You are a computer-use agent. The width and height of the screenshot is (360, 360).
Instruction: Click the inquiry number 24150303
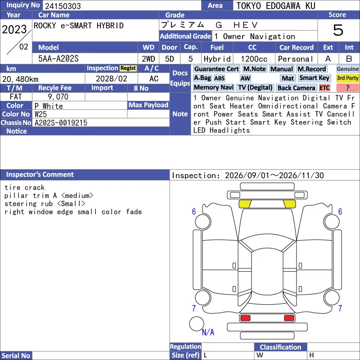coord(63,6)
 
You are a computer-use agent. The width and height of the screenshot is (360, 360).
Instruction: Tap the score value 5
coord(338,30)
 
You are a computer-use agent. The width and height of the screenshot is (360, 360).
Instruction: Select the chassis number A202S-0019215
coord(61,123)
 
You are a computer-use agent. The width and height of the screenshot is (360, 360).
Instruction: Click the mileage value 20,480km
coord(20,79)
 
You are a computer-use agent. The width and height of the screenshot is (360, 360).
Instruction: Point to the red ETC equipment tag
coord(324,88)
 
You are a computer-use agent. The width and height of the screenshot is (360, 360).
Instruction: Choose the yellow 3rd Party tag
coord(347,78)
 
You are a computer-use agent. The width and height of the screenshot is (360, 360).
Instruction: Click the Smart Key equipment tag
coord(314,78)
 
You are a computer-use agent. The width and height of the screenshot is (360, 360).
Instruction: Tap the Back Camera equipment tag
coord(297,88)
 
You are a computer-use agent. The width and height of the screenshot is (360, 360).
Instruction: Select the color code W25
coord(40,114)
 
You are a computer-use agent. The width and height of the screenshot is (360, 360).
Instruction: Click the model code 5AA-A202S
coord(58,59)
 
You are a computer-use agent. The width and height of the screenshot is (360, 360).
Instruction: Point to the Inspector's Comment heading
coord(40,175)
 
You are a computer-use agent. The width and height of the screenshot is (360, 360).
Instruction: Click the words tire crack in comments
coord(25,188)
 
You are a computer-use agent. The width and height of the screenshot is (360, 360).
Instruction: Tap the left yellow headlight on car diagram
coord(245,204)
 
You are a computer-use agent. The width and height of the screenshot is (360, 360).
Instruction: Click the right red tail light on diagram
coord(289,318)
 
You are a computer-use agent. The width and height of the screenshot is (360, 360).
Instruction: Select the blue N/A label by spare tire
coord(208,332)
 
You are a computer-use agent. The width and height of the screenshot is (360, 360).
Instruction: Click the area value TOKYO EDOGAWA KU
coord(276,6)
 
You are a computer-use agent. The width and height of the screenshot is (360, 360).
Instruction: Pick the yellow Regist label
coord(128,68)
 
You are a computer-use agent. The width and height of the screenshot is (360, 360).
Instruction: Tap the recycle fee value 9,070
coord(58,97)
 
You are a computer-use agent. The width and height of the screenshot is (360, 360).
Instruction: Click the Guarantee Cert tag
coord(216,69)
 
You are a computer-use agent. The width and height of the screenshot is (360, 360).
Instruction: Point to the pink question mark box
coord(347,88)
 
